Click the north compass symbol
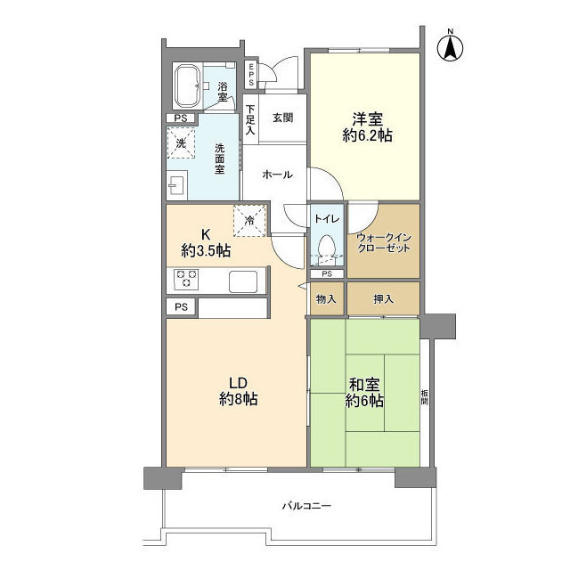pos(451,46)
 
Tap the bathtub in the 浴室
pos(187,86)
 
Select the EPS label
pos(251,75)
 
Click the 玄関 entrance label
pos(283,118)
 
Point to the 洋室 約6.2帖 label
pos(367,127)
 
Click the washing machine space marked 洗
pos(181,142)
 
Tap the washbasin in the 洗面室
pos(176,185)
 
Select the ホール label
pos(277,175)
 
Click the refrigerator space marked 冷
pos(249,221)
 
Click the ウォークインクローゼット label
pos(384,243)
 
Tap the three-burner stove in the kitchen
pos(186,279)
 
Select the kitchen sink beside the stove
pos(243,281)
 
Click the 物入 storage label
pos(326,299)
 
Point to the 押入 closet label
pos(384,299)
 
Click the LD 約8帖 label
pos(239,391)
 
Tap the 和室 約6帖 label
pos(364,392)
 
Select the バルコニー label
pos(306,506)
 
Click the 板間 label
pos(424,397)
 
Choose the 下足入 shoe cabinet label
pos(250,120)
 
